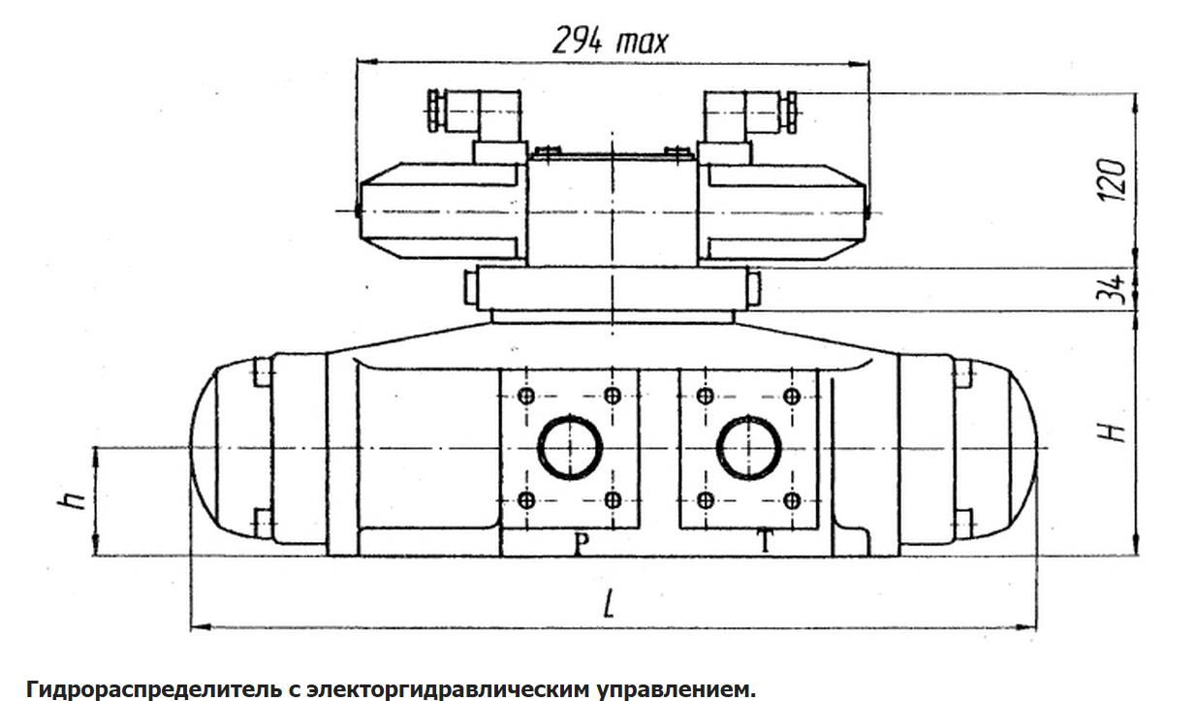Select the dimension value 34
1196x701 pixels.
coord(1117,289)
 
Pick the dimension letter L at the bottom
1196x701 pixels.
coord(608,605)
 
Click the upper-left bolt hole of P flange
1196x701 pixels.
coord(526,396)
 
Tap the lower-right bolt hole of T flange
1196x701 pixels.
coord(792,500)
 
